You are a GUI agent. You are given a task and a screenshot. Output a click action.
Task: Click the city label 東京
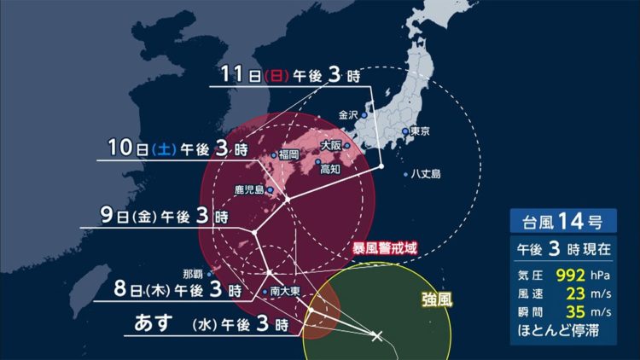tap(418, 131)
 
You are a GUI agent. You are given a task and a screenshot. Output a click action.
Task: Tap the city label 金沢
tap(349, 114)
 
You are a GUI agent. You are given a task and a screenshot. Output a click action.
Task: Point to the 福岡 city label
tap(288, 155)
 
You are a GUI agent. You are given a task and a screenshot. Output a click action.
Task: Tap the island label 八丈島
tap(424, 174)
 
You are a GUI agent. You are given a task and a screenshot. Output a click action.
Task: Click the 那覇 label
tap(194, 274)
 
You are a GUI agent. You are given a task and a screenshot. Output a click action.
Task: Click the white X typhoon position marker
tap(377, 336)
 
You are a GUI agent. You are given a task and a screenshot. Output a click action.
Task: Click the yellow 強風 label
tap(437, 299)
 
